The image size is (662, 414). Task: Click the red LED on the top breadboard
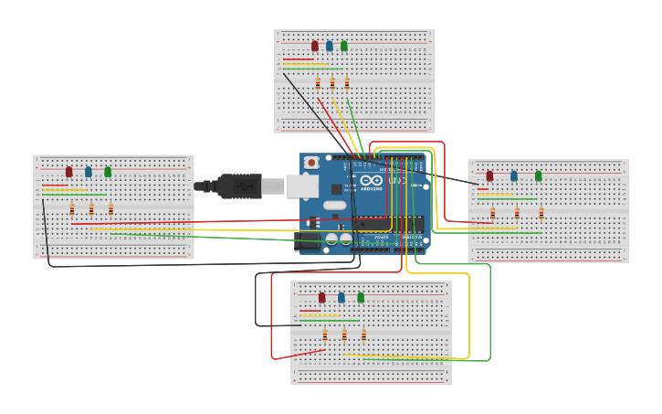[315, 46]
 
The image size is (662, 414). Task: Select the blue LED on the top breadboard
[330, 46]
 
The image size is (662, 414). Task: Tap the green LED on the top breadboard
[344, 46]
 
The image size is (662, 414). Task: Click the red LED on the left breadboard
[68, 171]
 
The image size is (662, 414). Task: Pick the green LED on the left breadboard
[108, 171]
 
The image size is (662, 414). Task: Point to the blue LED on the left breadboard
[89, 171]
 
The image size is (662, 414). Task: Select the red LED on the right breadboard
[489, 175]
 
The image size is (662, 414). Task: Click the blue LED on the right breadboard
[514, 175]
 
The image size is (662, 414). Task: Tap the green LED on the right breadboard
[539, 175]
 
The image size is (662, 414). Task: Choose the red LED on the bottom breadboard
[321, 297]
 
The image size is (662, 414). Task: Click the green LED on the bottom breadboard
[361, 297]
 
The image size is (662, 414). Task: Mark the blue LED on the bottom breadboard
[342, 297]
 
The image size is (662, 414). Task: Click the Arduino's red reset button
[311, 163]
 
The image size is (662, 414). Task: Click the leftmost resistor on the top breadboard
[318, 83]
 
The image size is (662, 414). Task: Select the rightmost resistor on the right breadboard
[541, 213]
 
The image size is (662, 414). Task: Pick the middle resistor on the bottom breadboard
[344, 334]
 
